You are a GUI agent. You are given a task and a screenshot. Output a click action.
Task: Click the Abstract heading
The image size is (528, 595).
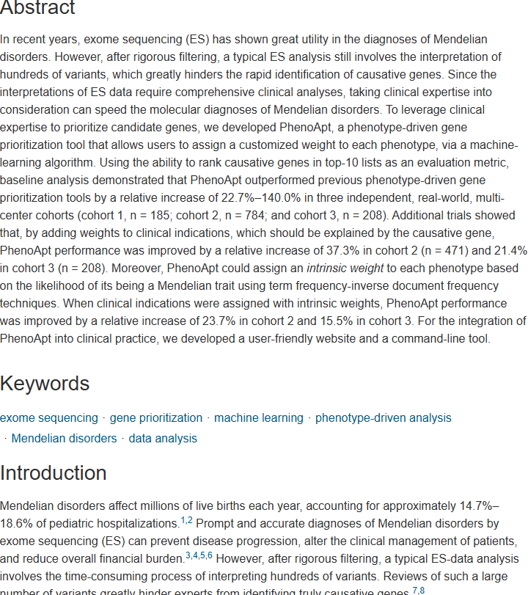(37, 9)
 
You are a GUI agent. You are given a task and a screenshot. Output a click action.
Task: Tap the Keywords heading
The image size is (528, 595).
(45, 384)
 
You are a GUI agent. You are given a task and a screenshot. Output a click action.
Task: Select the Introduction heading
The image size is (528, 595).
(54, 472)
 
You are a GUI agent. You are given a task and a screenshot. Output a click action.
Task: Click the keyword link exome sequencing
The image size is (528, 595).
(49, 418)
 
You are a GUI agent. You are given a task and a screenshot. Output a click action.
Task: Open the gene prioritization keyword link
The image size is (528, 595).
(156, 418)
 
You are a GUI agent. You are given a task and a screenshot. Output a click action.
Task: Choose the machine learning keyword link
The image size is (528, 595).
(259, 418)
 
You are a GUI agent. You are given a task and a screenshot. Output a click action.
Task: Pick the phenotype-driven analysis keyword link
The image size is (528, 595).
(384, 418)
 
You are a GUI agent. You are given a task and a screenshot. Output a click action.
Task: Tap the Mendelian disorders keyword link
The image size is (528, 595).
(65, 439)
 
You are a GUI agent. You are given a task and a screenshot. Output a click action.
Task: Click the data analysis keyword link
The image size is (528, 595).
(163, 439)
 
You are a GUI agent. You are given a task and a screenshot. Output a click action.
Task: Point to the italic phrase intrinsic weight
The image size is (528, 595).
(345, 268)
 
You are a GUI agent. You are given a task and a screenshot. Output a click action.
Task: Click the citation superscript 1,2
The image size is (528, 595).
(186, 521)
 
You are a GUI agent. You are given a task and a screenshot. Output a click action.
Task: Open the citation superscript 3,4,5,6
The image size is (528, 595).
(199, 556)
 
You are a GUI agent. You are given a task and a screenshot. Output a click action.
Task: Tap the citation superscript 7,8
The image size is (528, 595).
(418, 590)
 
